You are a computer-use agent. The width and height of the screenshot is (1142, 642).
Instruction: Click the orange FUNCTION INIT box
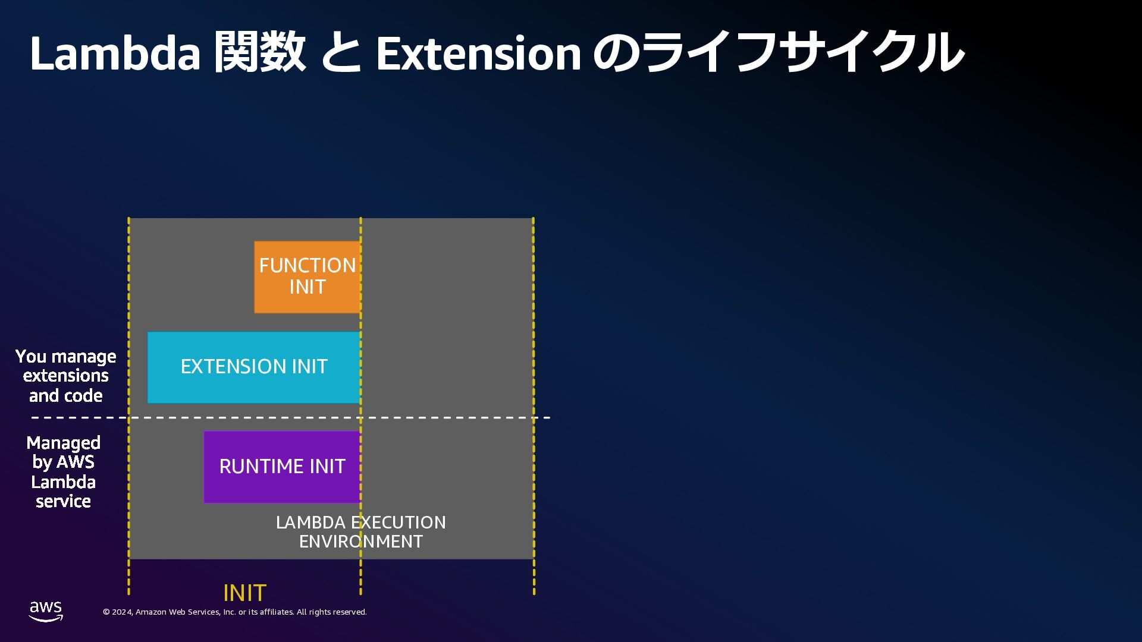[x=307, y=277]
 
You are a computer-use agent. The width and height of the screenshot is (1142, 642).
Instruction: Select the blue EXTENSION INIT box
[x=254, y=367]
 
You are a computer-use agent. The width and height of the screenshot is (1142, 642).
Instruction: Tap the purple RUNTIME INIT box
[x=282, y=467]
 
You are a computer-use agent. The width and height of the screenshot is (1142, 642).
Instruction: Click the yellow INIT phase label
[x=244, y=593]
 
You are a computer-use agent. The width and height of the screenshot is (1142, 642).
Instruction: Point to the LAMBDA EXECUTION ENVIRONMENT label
[x=360, y=531]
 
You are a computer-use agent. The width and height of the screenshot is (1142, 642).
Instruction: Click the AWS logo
[x=46, y=611]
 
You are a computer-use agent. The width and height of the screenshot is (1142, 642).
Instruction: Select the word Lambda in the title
[x=115, y=53]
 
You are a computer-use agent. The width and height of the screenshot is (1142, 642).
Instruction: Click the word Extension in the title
[x=478, y=53]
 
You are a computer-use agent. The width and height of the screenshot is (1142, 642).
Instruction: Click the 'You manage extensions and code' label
[x=65, y=376]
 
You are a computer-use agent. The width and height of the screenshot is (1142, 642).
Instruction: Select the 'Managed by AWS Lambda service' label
[x=63, y=472]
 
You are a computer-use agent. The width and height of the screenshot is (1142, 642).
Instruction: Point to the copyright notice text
[x=235, y=612]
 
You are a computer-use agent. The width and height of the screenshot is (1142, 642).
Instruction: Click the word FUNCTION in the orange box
[x=307, y=266]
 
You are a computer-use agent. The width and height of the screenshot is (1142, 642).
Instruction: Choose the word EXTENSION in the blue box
[x=225, y=367]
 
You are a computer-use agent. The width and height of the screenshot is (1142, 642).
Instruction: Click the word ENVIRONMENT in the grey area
[x=360, y=542]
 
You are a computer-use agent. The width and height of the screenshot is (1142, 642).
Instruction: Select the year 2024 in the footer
[x=122, y=612]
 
